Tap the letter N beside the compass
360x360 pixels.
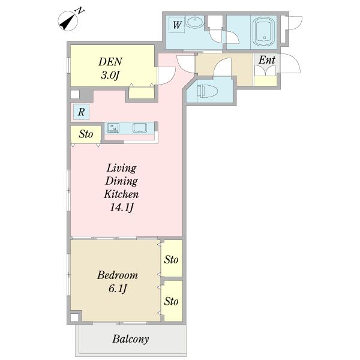click(80, 11)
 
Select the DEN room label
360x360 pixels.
click(110, 62)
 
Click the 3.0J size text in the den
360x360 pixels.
click(110, 75)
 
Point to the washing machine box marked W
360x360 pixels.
click(177, 25)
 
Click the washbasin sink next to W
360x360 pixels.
click(194, 22)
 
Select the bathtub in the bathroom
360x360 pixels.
click(264, 32)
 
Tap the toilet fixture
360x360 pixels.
click(206, 91)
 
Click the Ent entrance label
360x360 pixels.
click(267, 60)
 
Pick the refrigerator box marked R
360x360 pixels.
click(81, 112)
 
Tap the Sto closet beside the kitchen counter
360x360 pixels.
click(86, 134)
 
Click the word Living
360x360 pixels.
click(121, 168)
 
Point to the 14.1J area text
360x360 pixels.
click(121, 208)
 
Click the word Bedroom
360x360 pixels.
click(118, 275)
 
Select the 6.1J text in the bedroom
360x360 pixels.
click(118, 289)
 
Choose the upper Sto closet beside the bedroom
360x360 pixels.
click(172, 258)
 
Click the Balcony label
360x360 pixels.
click(131, 339)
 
